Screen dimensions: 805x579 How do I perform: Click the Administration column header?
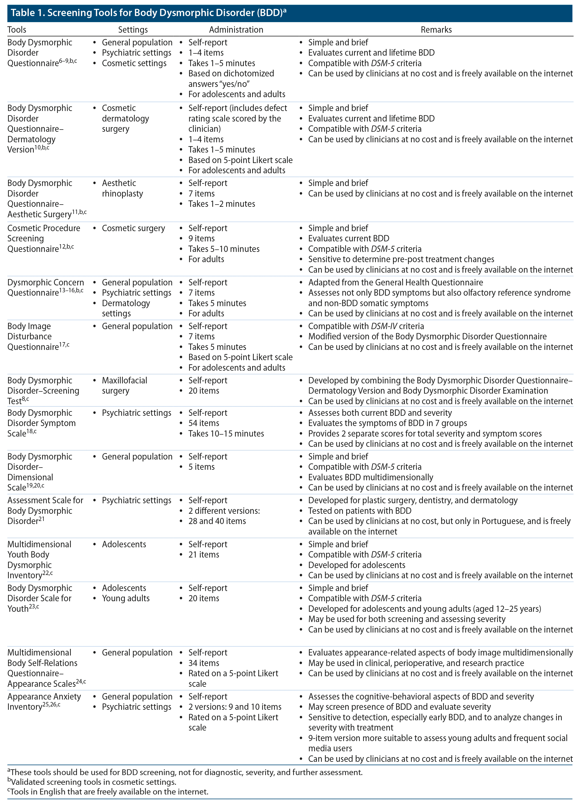point(236,29)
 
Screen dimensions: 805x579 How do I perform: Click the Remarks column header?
point(436,29)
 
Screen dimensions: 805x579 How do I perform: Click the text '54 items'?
point(204,423)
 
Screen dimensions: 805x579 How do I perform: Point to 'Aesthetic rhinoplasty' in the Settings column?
point(122,188)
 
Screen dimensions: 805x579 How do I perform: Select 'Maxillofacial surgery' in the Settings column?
point(124,385)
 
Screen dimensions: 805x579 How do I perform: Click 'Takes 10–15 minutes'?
point(226,434)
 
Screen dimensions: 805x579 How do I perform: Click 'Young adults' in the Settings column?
point(126,598)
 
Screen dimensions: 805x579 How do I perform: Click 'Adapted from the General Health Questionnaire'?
point(395,283)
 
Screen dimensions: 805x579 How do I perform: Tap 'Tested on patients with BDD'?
point(360,511)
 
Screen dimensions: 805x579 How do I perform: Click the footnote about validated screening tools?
point(93,782)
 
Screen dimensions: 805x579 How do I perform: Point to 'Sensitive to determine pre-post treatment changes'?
point(401,259)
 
